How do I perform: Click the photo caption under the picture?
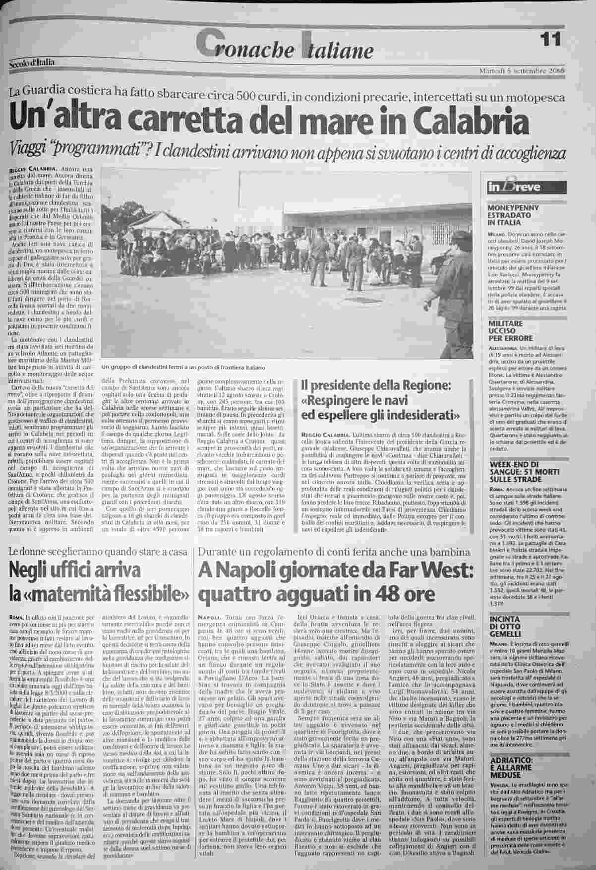(x=182, y=368)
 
